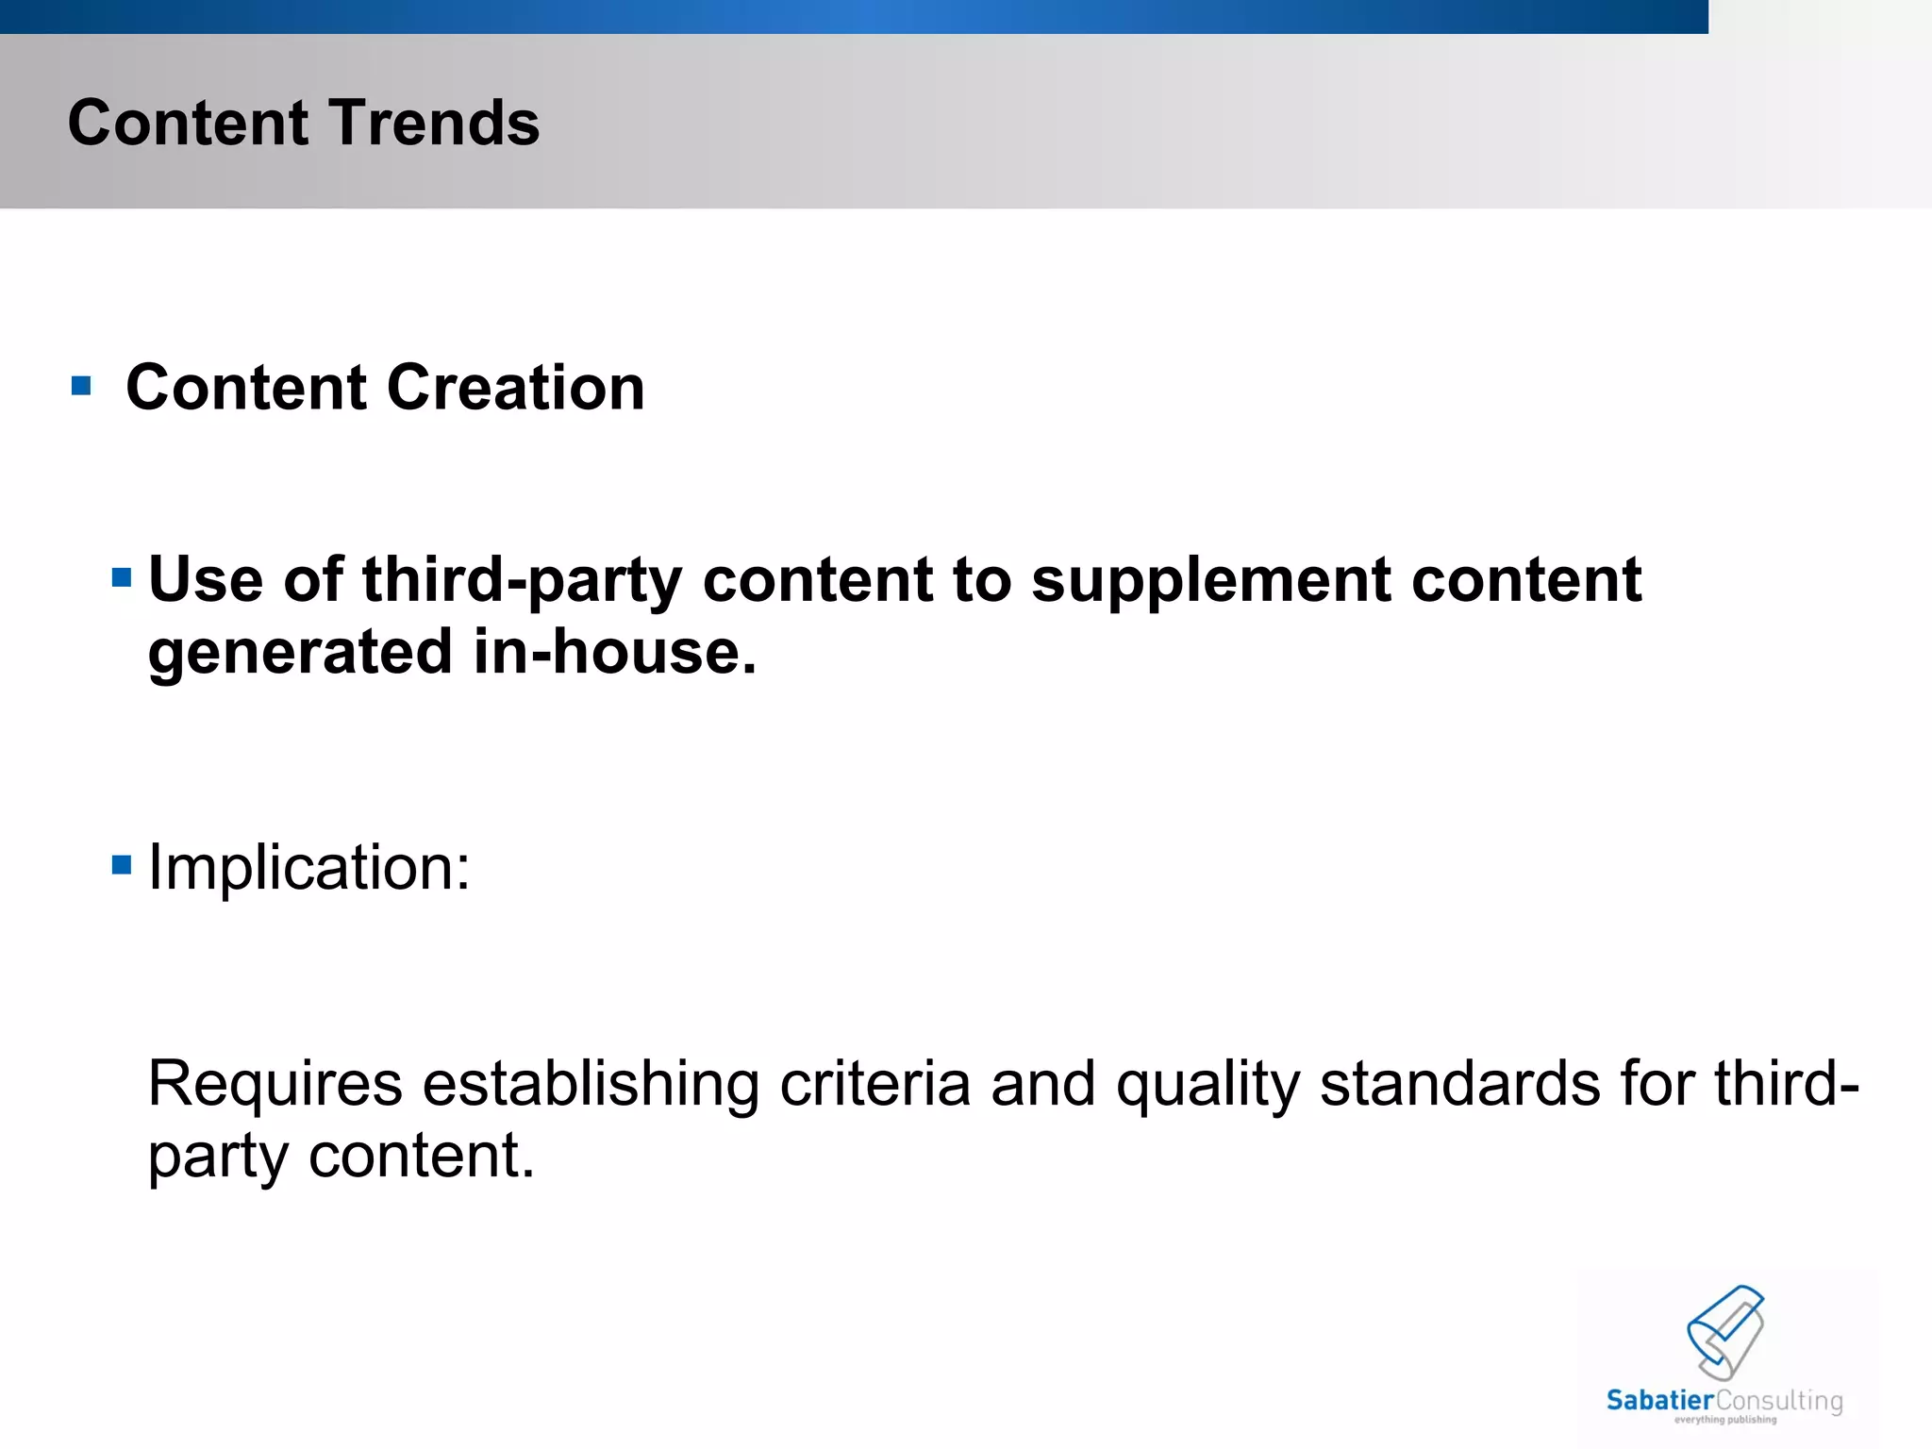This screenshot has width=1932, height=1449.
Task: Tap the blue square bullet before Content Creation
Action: click(x=81, y=386)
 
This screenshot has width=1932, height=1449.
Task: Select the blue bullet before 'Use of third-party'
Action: click(x=121, y=577)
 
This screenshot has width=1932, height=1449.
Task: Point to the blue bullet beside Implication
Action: click(x=121, y=864)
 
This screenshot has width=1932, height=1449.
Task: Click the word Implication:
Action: click(x=308, y=867)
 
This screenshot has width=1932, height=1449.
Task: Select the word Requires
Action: click(x=275, y=1083)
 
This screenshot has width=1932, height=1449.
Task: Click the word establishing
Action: click(x=591, y=1083)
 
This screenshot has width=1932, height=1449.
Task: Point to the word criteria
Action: click(x=874, y=1083)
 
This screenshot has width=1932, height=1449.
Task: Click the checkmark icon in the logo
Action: click(x=1725, y=1330)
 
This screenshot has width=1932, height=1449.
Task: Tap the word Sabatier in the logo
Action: click(x=1659, y=1401)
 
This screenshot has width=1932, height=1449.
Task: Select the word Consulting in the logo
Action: click(x=1779, y=1402)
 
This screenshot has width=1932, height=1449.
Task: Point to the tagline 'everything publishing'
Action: click(x=1725, y=1420)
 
